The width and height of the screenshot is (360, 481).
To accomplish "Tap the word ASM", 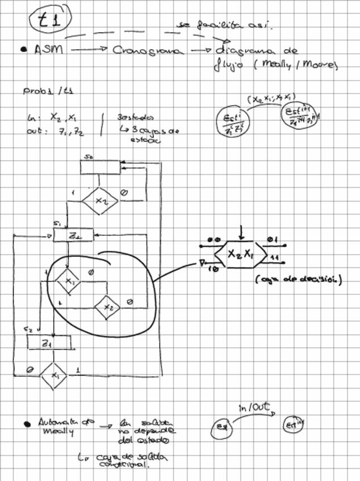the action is tap(47, 50).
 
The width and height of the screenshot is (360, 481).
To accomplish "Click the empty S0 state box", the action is tap(100, 167).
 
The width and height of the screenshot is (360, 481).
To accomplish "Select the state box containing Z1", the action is tap(49, 343).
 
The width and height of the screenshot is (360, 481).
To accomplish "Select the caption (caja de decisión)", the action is tap(298, 279).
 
